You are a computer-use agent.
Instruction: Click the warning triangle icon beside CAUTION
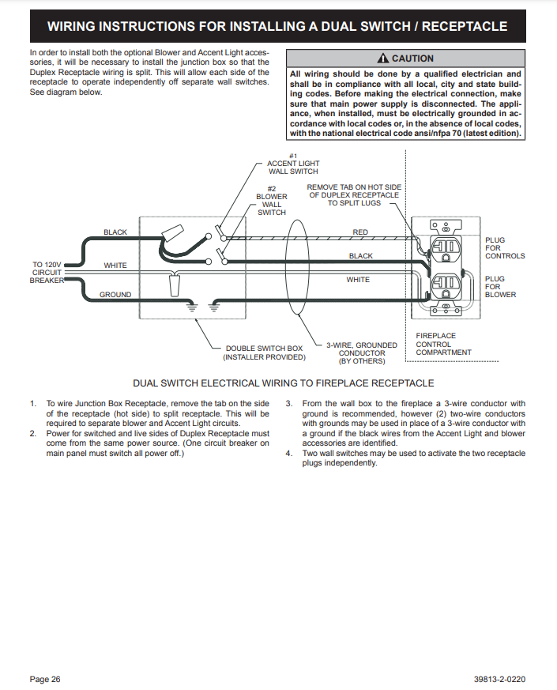tap(382, 58)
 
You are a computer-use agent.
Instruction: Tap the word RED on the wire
tap(360, 232)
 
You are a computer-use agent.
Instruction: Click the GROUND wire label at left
tap(115, 294)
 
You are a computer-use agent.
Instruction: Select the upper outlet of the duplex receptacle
tap(446, 248)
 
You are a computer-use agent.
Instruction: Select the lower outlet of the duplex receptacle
tap(446, 285)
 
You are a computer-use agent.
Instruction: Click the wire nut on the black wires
tap(172, 233)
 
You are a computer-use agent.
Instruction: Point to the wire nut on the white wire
tap(175, 286)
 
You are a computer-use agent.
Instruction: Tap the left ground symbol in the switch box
tap(191, 307)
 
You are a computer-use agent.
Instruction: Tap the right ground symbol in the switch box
tap(213, 307)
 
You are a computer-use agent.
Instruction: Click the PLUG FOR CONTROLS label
tap(505, 247)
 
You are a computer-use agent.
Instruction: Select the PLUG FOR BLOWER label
tap(500, 286)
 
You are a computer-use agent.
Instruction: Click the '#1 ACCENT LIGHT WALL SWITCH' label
tap(293, 164)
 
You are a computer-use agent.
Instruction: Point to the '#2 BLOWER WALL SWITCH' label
tap(272, 201)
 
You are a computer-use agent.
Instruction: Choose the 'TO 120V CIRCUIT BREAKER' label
tap(47, 273)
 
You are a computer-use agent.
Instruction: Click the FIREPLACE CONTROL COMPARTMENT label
tap(443, 344)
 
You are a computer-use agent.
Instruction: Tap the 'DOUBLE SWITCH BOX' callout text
tap(264, 353)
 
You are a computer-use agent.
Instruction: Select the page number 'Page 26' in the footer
tap(45, 679)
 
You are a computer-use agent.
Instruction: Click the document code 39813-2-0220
tap(499, 679)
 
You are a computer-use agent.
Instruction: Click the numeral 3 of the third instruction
tap(288, 403)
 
